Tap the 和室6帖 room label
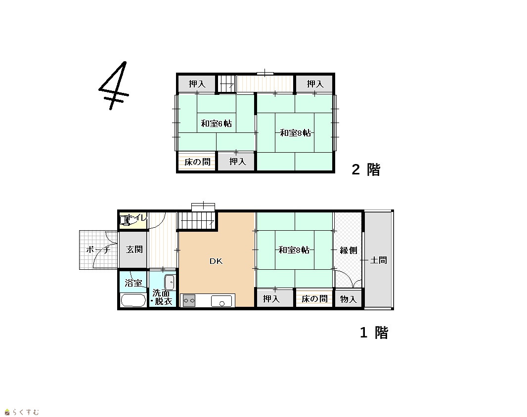pos(216,124)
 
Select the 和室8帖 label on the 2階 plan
pos(296,133)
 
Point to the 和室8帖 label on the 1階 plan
pos(294,250)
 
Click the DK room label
pos(216,261)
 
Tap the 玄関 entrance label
pos(134,250)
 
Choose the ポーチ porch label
pos(98,250)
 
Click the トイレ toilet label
pos(137,217)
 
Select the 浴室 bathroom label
pos(133,283)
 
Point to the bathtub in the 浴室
pos(133,300)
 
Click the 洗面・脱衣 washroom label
pos(162,297)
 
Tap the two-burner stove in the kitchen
pos(189,300)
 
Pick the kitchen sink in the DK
pos(221,301)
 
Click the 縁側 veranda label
pos(348,250)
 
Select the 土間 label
pos(379,260)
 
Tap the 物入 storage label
pos(348,299)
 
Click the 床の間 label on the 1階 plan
pos(314,299)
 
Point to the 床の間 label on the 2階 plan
pos(198,162)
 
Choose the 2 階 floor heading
pos(366,169)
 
